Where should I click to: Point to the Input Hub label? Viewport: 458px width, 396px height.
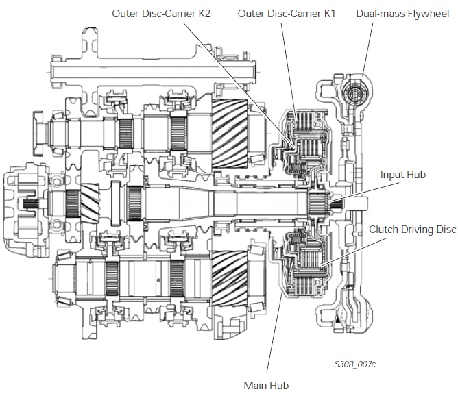click(402, 175)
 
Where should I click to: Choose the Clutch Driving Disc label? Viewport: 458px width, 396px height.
click(411, 230)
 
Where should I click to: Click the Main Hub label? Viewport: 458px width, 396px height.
click(266, 384)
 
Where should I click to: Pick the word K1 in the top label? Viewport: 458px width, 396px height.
click(328, 14)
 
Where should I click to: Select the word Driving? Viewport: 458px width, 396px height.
click(413, 230)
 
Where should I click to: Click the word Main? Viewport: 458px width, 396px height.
click(255, 384)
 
